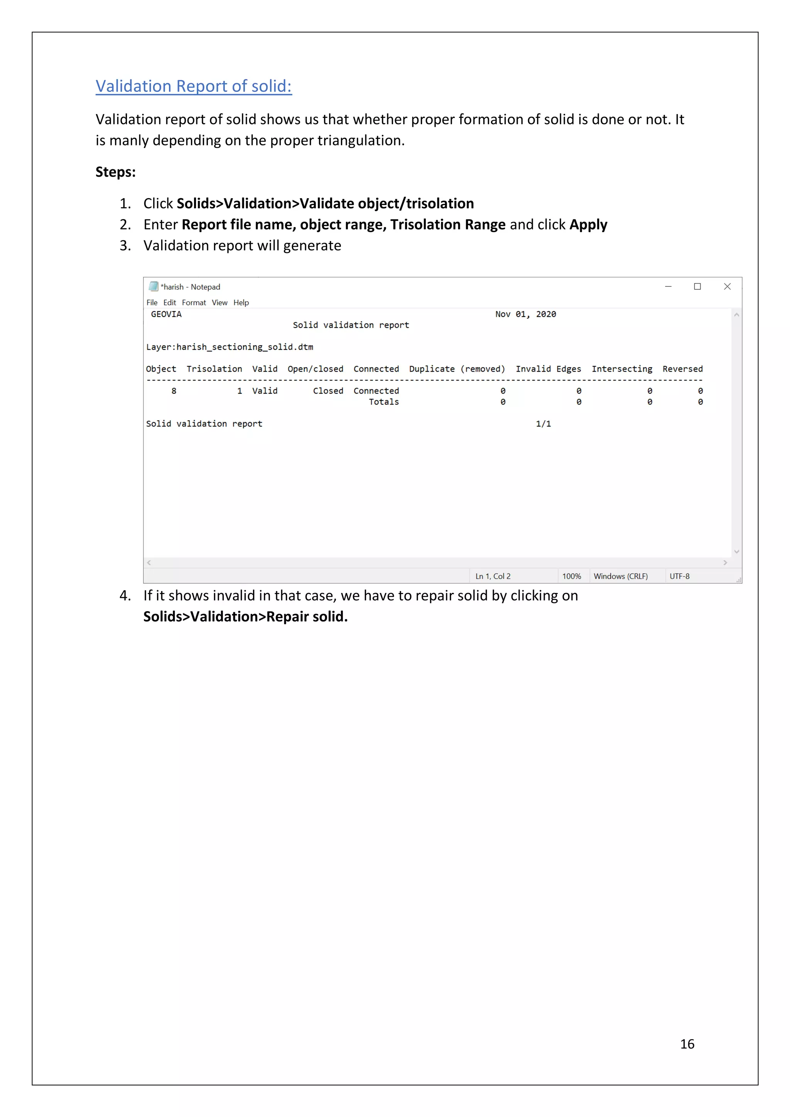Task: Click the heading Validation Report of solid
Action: point(193,86)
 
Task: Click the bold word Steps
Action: point(115,172)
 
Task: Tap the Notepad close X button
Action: point(727,286)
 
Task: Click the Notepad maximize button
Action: point(697,286)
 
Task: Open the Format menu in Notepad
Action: point(194,303)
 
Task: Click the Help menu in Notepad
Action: point(241,303)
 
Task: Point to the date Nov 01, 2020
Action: point(525,314)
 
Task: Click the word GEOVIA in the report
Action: point(166,314)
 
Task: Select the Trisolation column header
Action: point(214,369)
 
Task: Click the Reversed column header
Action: point(682,369)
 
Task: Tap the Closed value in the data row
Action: point(327,391)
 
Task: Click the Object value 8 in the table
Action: point(174,391)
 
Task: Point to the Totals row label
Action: point(383,402)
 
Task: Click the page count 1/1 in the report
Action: point(543,424)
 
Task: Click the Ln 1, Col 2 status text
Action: point(493,576)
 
